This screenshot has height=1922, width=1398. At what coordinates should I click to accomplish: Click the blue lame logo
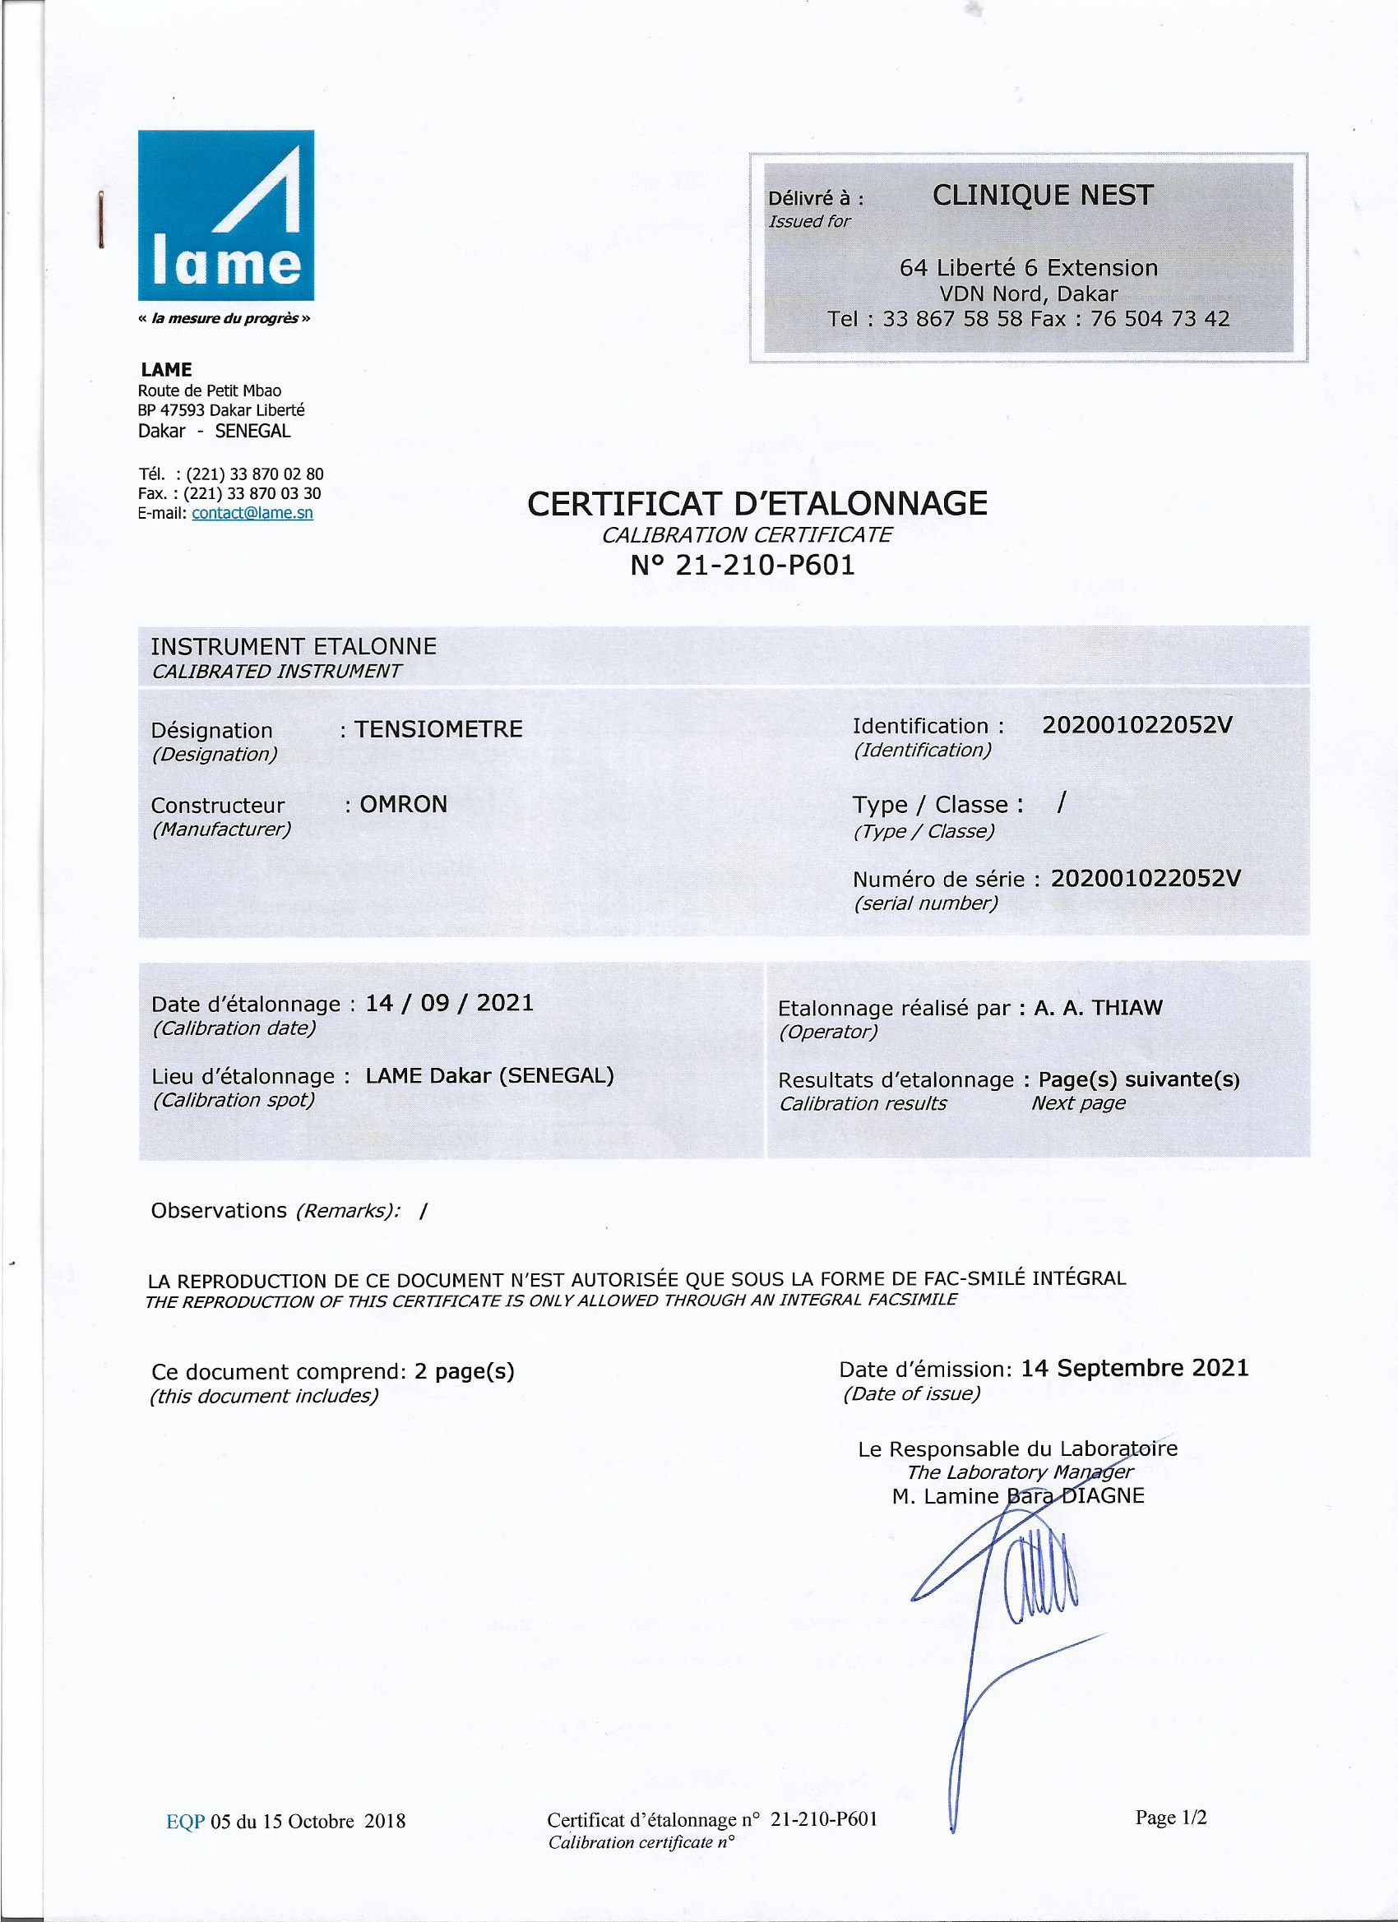(225, 215)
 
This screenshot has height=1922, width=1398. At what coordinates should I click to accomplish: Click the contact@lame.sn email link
(252, 513)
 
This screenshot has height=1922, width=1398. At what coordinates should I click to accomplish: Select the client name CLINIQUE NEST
(1042, 196)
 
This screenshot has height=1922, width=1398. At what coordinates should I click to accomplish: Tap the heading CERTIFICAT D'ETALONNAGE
(757, 503)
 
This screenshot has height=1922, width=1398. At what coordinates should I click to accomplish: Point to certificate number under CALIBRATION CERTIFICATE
(742, 566)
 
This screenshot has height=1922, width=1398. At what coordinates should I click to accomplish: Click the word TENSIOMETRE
(438, 729)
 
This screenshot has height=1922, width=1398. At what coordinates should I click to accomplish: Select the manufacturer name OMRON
(404, 804)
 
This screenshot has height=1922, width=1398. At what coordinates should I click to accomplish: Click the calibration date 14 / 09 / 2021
(449, 1004)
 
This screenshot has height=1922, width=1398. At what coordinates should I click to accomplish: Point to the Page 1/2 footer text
(1171, 1818)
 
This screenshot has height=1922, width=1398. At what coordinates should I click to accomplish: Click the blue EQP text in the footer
(185, 1821)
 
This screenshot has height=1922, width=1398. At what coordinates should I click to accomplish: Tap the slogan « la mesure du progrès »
(224, 319)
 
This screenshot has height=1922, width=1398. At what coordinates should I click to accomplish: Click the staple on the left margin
(101, 219)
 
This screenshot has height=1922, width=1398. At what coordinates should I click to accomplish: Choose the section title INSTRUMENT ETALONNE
(294, 647)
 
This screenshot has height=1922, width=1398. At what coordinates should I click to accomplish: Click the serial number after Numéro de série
(1145, 878)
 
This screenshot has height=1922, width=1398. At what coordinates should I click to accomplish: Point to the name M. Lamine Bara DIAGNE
(1017, 1495)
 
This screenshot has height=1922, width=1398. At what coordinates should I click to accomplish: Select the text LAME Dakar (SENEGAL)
(489, 1075)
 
